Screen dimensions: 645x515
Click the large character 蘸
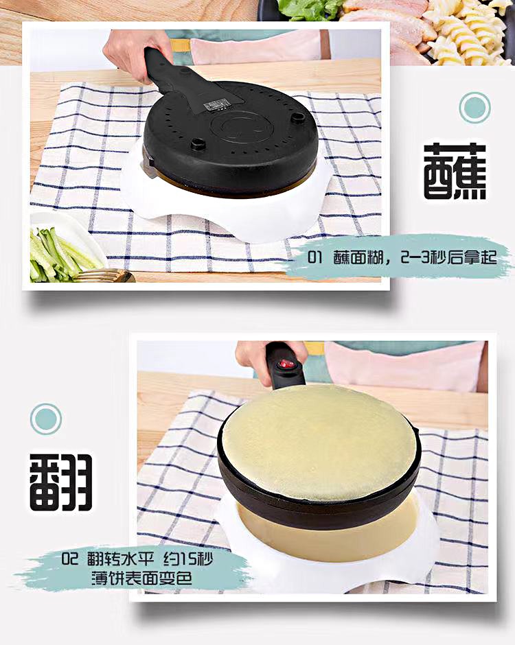455,171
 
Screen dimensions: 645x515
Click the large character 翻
61,481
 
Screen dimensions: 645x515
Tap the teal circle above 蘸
474,108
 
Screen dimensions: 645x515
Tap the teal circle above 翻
45,419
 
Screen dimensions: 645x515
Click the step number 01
316,258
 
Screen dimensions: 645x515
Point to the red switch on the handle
286,363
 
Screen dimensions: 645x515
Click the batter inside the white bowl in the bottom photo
330,532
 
